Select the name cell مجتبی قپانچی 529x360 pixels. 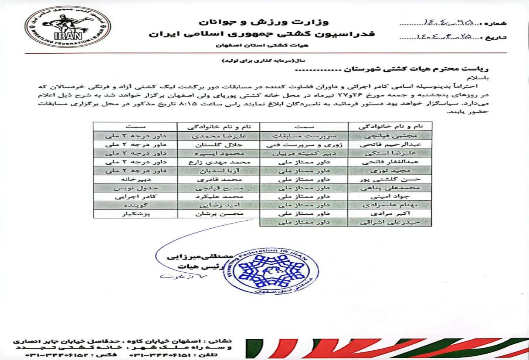pyautogui.click(x=389, y=136)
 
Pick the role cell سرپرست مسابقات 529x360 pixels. pyautogui.click(x=303, y=136)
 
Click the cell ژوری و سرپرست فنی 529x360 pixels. pyautogui.click(x=303, y=144)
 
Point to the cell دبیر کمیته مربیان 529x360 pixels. pyautogui.click(x=303, y=153)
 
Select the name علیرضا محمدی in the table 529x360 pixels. pyautogui.click(x=218, y=136)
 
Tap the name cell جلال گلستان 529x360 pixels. pyautogui.click(x=218, y=144)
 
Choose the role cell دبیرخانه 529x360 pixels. pyautogui.click(x=135, y=179)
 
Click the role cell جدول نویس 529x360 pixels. pyautogui.click(x=135, y=188)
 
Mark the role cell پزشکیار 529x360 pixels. pyautogui.click(x=135, y=214)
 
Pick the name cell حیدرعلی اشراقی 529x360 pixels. pyautogui.click(x=389, y=222)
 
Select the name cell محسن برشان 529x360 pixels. pyautogui.click(x=218, y=214)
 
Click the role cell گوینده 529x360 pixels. pyautogui.click(x=135, y=205)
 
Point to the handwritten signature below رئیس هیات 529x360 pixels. pyautogui.click(x=174, y=276)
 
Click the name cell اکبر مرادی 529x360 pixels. pyautogui.click(x=389, y=214)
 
